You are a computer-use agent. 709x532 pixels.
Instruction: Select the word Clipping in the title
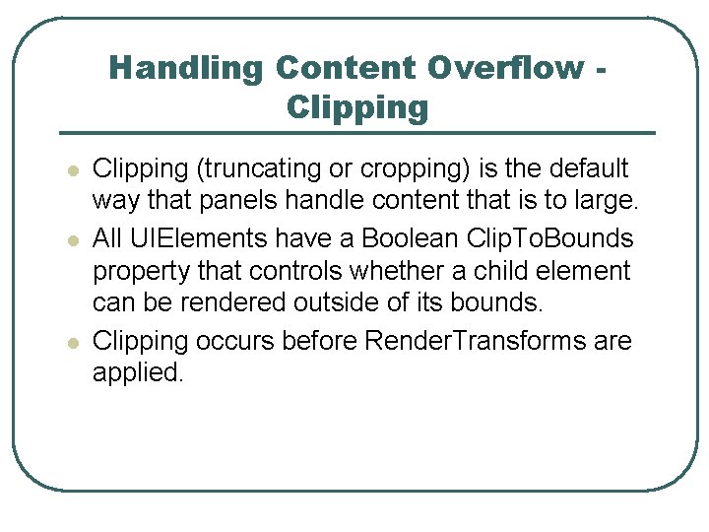357,106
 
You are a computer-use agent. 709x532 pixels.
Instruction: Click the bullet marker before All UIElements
71,240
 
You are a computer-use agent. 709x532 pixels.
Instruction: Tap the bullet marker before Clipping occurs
71,343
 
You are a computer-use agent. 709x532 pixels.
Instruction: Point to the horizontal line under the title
357,133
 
